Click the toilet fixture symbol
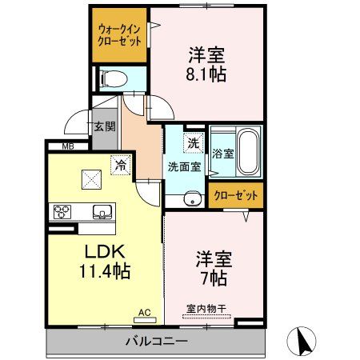point(114,78)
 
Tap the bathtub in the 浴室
point(248,153)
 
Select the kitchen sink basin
point(101,212)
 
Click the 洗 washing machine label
point(193,144)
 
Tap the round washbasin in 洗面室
point(190,200)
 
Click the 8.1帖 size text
point(206,74)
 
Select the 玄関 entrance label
point(104,126)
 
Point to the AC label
point(144,313)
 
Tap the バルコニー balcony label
point(156,342)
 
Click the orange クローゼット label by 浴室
point(237,195)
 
